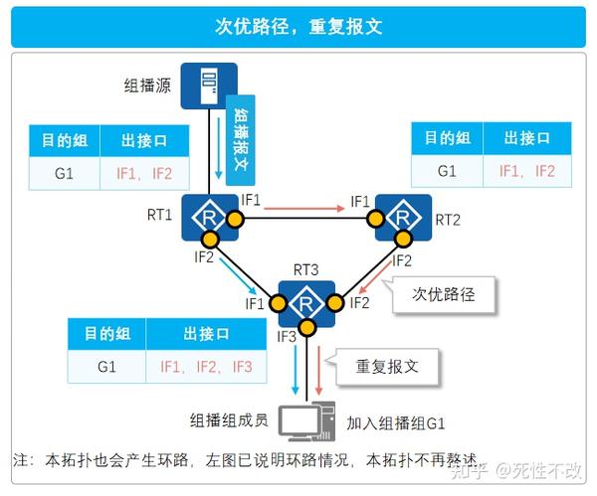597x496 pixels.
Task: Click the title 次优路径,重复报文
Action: pyautogui.click(x=298, y=27)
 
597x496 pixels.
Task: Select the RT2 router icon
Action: pyautogui.click(x=403, y=218)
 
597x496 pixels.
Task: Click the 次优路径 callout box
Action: pyautogui.click(x=443, y=295)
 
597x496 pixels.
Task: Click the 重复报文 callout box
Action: pyautogui.click(x=387, y=365)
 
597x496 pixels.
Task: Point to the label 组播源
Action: pyautogui.click(x=148, y=85)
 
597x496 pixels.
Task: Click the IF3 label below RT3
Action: pyautogui.click(x=287, y=337)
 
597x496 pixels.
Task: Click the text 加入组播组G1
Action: pyautogui.click(x=395, y=423)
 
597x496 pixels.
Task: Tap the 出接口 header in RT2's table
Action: pyautogui.click(x=527, y=137)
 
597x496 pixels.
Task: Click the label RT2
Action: pyautogui.click(x=448, y=219)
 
